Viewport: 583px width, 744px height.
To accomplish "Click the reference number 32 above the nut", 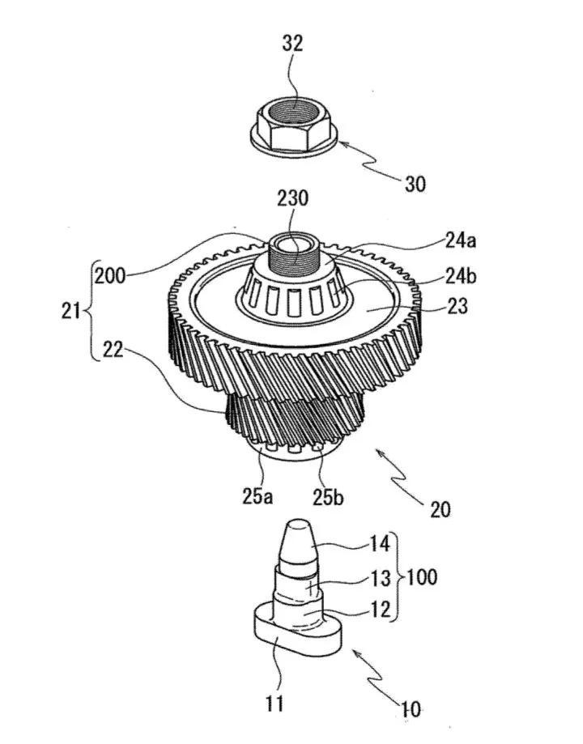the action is click(292, 43).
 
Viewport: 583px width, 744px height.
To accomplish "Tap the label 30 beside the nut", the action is click(415, 184).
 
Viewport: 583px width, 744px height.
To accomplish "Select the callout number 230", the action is click(293, 198).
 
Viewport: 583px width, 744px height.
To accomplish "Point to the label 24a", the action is click(461, 240).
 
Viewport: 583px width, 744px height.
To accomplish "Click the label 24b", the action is click(461, 275).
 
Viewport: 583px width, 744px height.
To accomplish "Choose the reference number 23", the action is click(457, 306).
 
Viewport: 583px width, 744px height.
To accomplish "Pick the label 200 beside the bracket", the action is click(109, 275).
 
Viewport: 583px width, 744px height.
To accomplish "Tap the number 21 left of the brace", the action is click(70, 312).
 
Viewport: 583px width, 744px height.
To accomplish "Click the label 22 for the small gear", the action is click(113, 350).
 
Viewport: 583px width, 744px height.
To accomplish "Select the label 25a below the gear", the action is click(257, 496).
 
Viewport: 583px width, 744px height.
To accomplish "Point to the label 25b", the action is click(328, 496).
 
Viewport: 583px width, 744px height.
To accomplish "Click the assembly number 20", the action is click(440, 509).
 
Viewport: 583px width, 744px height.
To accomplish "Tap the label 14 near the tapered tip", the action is click(379, 544).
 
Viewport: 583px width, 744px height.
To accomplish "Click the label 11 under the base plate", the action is click(274, 703).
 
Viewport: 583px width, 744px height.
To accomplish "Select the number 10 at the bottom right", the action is click(411, 709).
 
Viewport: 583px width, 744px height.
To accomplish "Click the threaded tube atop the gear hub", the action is click(292, 254).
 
